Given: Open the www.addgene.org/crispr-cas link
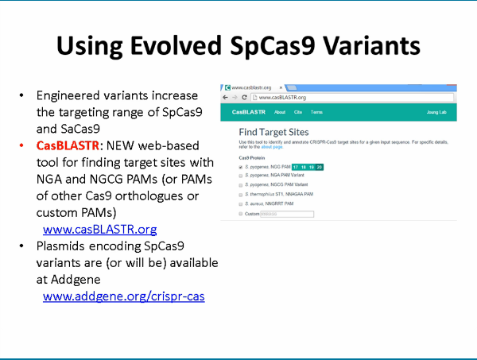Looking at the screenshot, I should point(123,296).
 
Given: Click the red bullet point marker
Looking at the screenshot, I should point(23,146).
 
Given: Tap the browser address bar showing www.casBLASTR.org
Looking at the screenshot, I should point(318,97).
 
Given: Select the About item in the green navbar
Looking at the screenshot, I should point(280,113).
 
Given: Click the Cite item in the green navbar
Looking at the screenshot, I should point(298,113).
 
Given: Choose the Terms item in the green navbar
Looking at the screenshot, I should point(316,113).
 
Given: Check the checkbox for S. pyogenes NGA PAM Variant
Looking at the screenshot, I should point(241,176).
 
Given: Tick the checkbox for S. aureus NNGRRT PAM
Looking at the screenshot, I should point(241,204).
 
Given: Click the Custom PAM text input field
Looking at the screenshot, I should point(292,214).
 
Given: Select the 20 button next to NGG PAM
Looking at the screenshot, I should point(318,167).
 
